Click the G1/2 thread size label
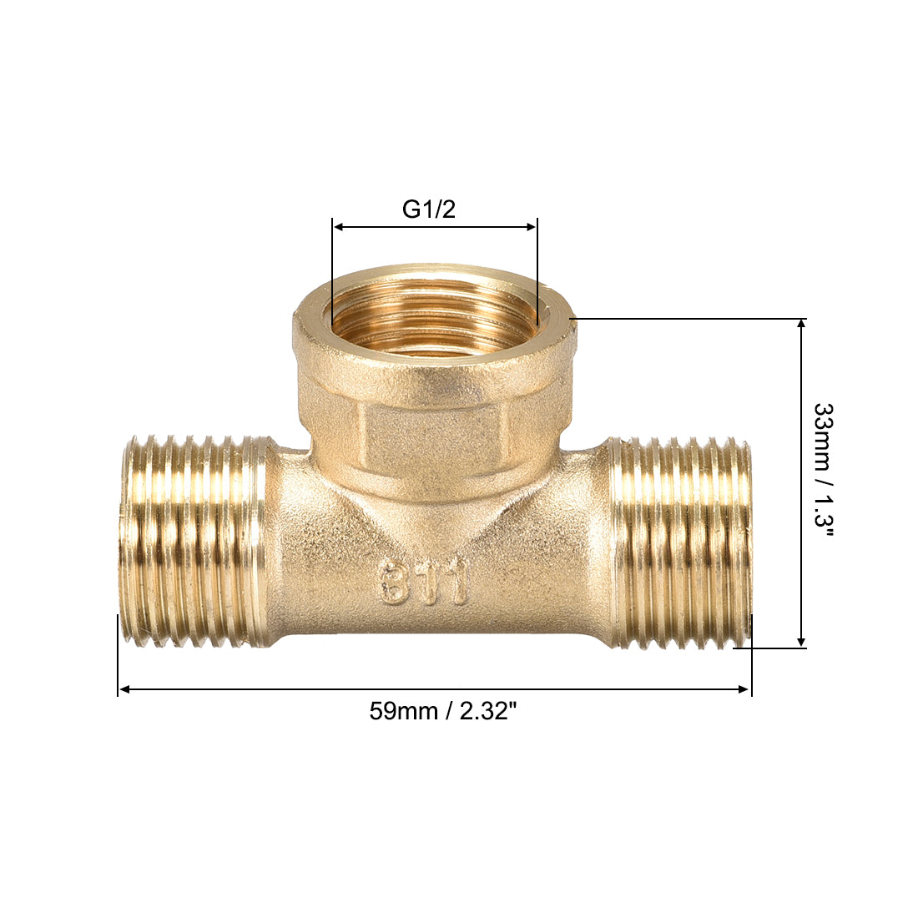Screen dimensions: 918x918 [429, 209]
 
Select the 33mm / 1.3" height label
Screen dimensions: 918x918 [824, 482]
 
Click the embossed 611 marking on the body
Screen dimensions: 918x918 [426, 582]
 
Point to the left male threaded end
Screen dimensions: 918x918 [192, 541]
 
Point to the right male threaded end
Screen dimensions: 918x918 [680, 542]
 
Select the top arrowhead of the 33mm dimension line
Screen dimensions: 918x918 [801, 325]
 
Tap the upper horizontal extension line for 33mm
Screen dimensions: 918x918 [684, 318]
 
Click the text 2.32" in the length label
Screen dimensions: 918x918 [488, 711]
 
